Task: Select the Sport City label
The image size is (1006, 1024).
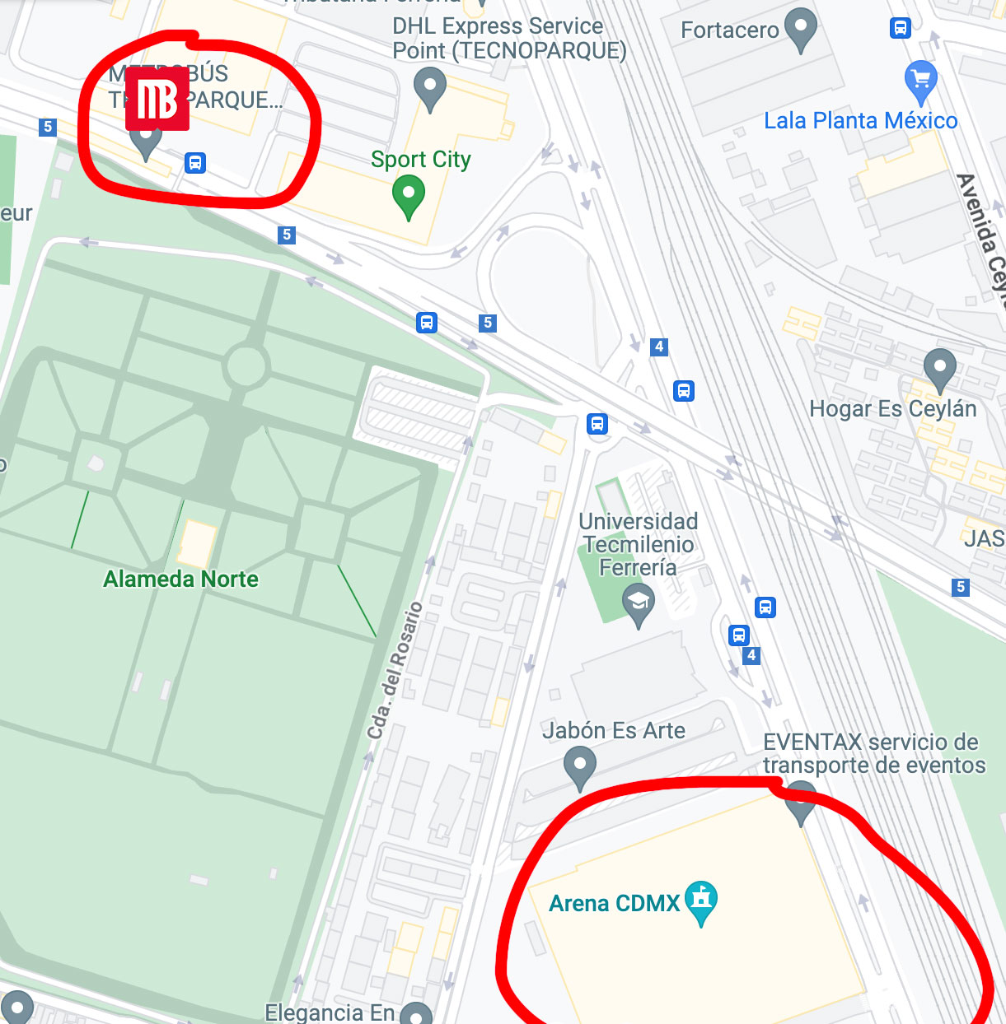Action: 420,160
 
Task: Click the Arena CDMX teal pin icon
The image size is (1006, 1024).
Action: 701,901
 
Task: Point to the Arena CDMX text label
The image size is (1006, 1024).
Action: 615,904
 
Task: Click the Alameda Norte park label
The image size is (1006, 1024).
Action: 180,579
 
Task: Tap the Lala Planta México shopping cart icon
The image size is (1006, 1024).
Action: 920,79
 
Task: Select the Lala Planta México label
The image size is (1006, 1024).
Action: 860,121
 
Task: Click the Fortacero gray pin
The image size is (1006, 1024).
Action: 800,29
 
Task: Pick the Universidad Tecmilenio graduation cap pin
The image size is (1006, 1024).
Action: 638,603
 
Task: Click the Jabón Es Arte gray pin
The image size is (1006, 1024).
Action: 579,766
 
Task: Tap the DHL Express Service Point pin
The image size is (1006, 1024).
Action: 429,87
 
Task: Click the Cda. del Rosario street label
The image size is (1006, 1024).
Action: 395,670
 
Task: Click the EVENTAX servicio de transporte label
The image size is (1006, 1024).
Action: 873,754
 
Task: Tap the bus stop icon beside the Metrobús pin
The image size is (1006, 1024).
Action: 194,162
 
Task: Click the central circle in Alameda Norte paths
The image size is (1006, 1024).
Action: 246,365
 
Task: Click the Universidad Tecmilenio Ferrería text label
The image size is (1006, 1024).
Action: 639,544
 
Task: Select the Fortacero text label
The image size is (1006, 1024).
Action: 729,30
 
